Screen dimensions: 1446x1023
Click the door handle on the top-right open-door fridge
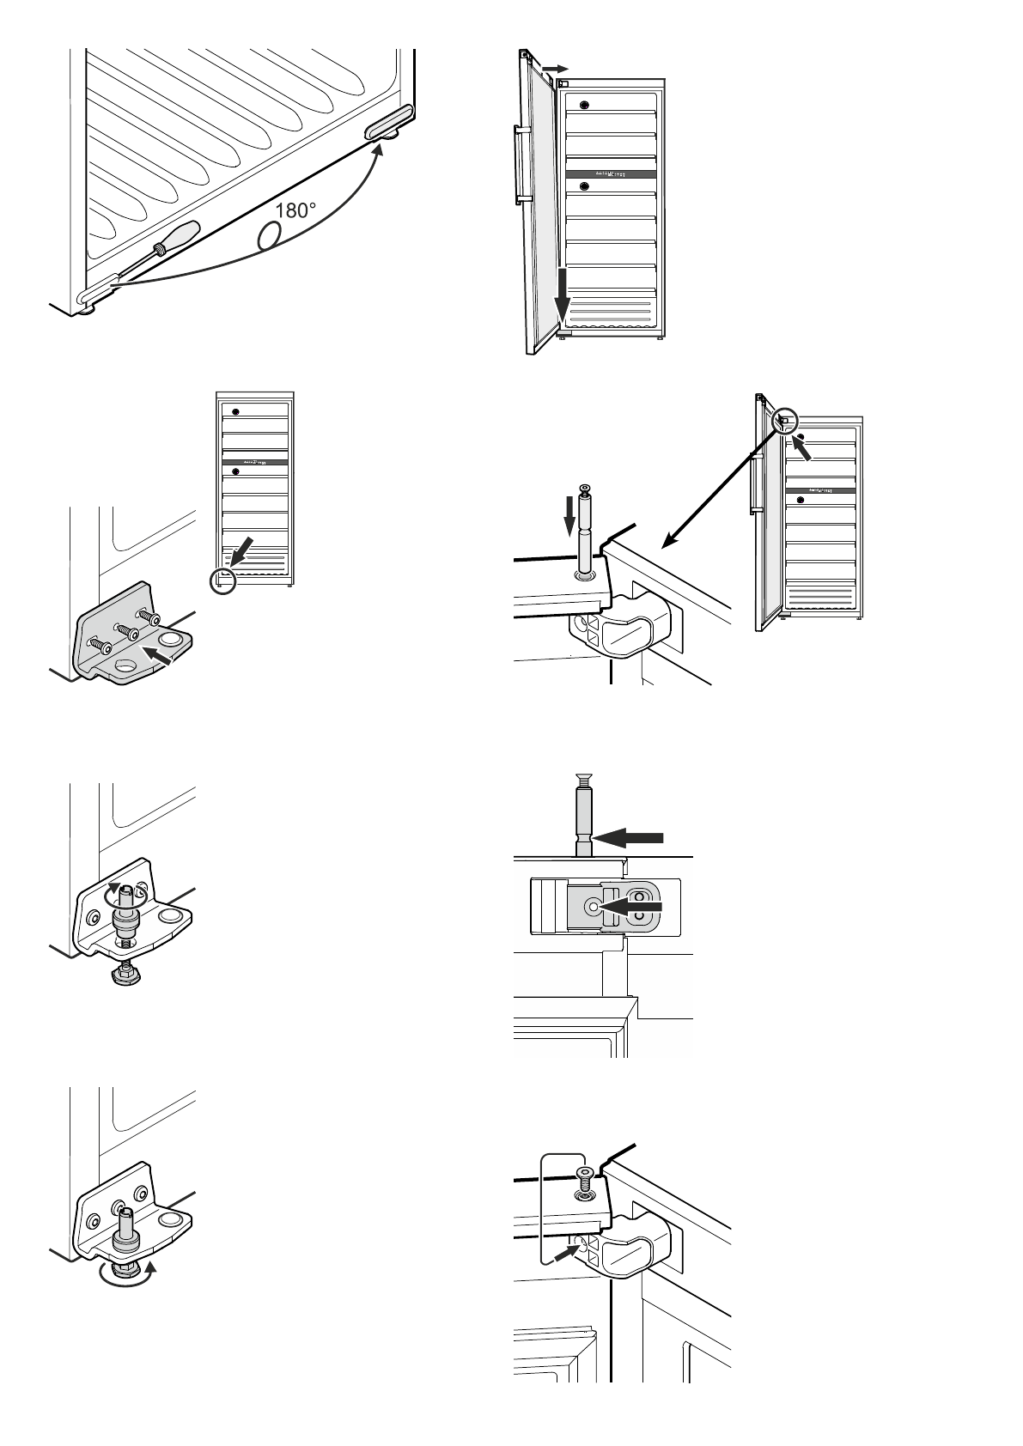pos(521,163)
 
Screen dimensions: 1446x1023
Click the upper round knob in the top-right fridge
pos(585,105)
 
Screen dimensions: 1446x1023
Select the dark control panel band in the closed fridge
pos(255,462)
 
